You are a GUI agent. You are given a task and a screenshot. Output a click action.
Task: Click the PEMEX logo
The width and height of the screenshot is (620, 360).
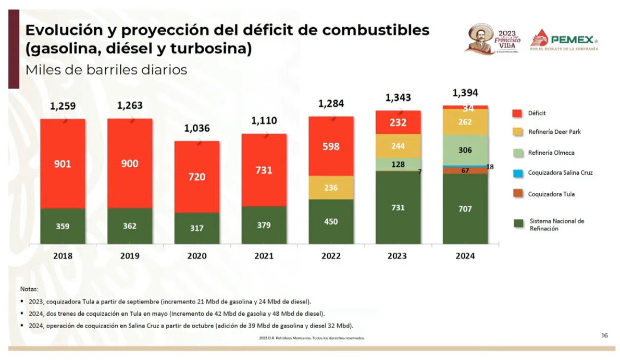(564, 40)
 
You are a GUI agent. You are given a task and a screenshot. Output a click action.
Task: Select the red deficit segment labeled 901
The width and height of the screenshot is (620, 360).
(63, 164)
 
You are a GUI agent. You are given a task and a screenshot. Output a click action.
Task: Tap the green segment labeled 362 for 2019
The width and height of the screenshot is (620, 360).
(130, 226)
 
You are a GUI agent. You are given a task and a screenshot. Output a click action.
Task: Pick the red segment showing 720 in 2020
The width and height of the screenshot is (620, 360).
(196, 177)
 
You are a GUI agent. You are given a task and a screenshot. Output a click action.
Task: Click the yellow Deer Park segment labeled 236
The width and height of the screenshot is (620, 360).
(331, 188)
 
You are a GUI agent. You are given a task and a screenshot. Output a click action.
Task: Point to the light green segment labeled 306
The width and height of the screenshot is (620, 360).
(465, 150)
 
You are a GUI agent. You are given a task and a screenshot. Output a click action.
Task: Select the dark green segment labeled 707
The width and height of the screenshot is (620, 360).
(465, 209)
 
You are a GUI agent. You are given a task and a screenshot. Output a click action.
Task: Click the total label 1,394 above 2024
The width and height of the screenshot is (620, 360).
(465, 93)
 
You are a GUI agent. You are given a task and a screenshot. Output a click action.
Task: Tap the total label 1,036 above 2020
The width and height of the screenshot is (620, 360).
(196, 128)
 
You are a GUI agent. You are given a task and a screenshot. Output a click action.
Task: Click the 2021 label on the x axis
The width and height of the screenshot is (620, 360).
(264, 256)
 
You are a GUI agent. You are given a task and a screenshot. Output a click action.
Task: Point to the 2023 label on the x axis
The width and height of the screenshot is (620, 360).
(398, 256)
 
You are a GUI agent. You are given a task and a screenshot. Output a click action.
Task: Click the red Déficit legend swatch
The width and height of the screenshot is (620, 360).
(517, 113)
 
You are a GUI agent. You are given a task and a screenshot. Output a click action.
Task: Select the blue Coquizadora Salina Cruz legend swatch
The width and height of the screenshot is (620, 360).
(517, 172)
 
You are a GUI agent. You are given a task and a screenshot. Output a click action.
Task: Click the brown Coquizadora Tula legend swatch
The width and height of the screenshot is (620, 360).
(517, 194)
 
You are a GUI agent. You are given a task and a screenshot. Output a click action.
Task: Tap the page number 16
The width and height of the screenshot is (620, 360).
(604, 336)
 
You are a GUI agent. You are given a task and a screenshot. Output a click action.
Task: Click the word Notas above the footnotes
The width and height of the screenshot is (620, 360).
(29, 289)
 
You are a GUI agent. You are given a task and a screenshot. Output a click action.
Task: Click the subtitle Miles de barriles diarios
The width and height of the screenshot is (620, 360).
(106, 70)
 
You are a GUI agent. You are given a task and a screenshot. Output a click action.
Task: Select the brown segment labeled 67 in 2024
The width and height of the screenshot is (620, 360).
(465, 170)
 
